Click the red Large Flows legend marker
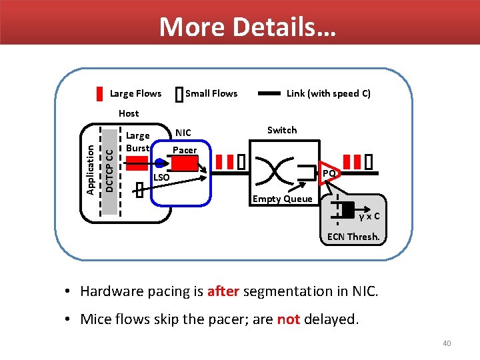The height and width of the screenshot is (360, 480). tap(99, 93)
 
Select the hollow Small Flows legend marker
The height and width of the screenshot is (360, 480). tap(178, 94)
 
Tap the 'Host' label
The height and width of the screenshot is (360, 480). tap(129, 113)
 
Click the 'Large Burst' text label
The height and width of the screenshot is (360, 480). tap(138, 141)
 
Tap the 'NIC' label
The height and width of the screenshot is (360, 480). tap(183, 133)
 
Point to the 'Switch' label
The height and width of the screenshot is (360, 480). tap(282, 130)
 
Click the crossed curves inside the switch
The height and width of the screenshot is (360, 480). tap(275, 170)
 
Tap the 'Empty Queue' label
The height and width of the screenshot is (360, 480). tap(282, 199)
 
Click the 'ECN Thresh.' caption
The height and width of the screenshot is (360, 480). tap(353, 237)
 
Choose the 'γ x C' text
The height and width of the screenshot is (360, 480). tap(369, 216)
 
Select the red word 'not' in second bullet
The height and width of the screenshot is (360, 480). tap(288, 319)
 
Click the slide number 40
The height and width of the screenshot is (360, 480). tap(447, 343)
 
